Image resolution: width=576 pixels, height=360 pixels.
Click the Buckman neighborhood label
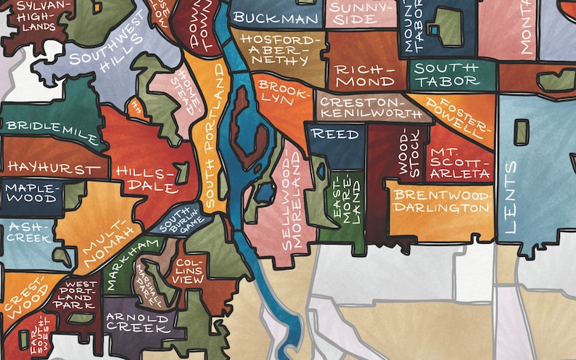click(x=276, y=18)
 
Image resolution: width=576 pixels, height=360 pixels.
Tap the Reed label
click(x=335, y=134)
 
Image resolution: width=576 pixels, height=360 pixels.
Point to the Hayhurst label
click(x=54, y=168)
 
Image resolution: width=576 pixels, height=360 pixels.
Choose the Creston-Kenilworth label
click(x=369, y=107)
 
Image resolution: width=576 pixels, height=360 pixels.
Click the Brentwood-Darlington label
click(x=442, y=201)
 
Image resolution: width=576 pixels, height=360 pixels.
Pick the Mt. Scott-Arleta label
click(x=459, y=163)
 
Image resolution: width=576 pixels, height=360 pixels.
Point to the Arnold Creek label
click(x=138, y=322)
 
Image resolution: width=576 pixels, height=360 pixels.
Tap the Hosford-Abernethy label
click(x=278, y=49)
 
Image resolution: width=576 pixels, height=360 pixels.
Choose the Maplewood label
click(x=30, y=192)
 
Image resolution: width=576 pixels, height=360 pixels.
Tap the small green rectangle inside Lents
click(x=521, y=131)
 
